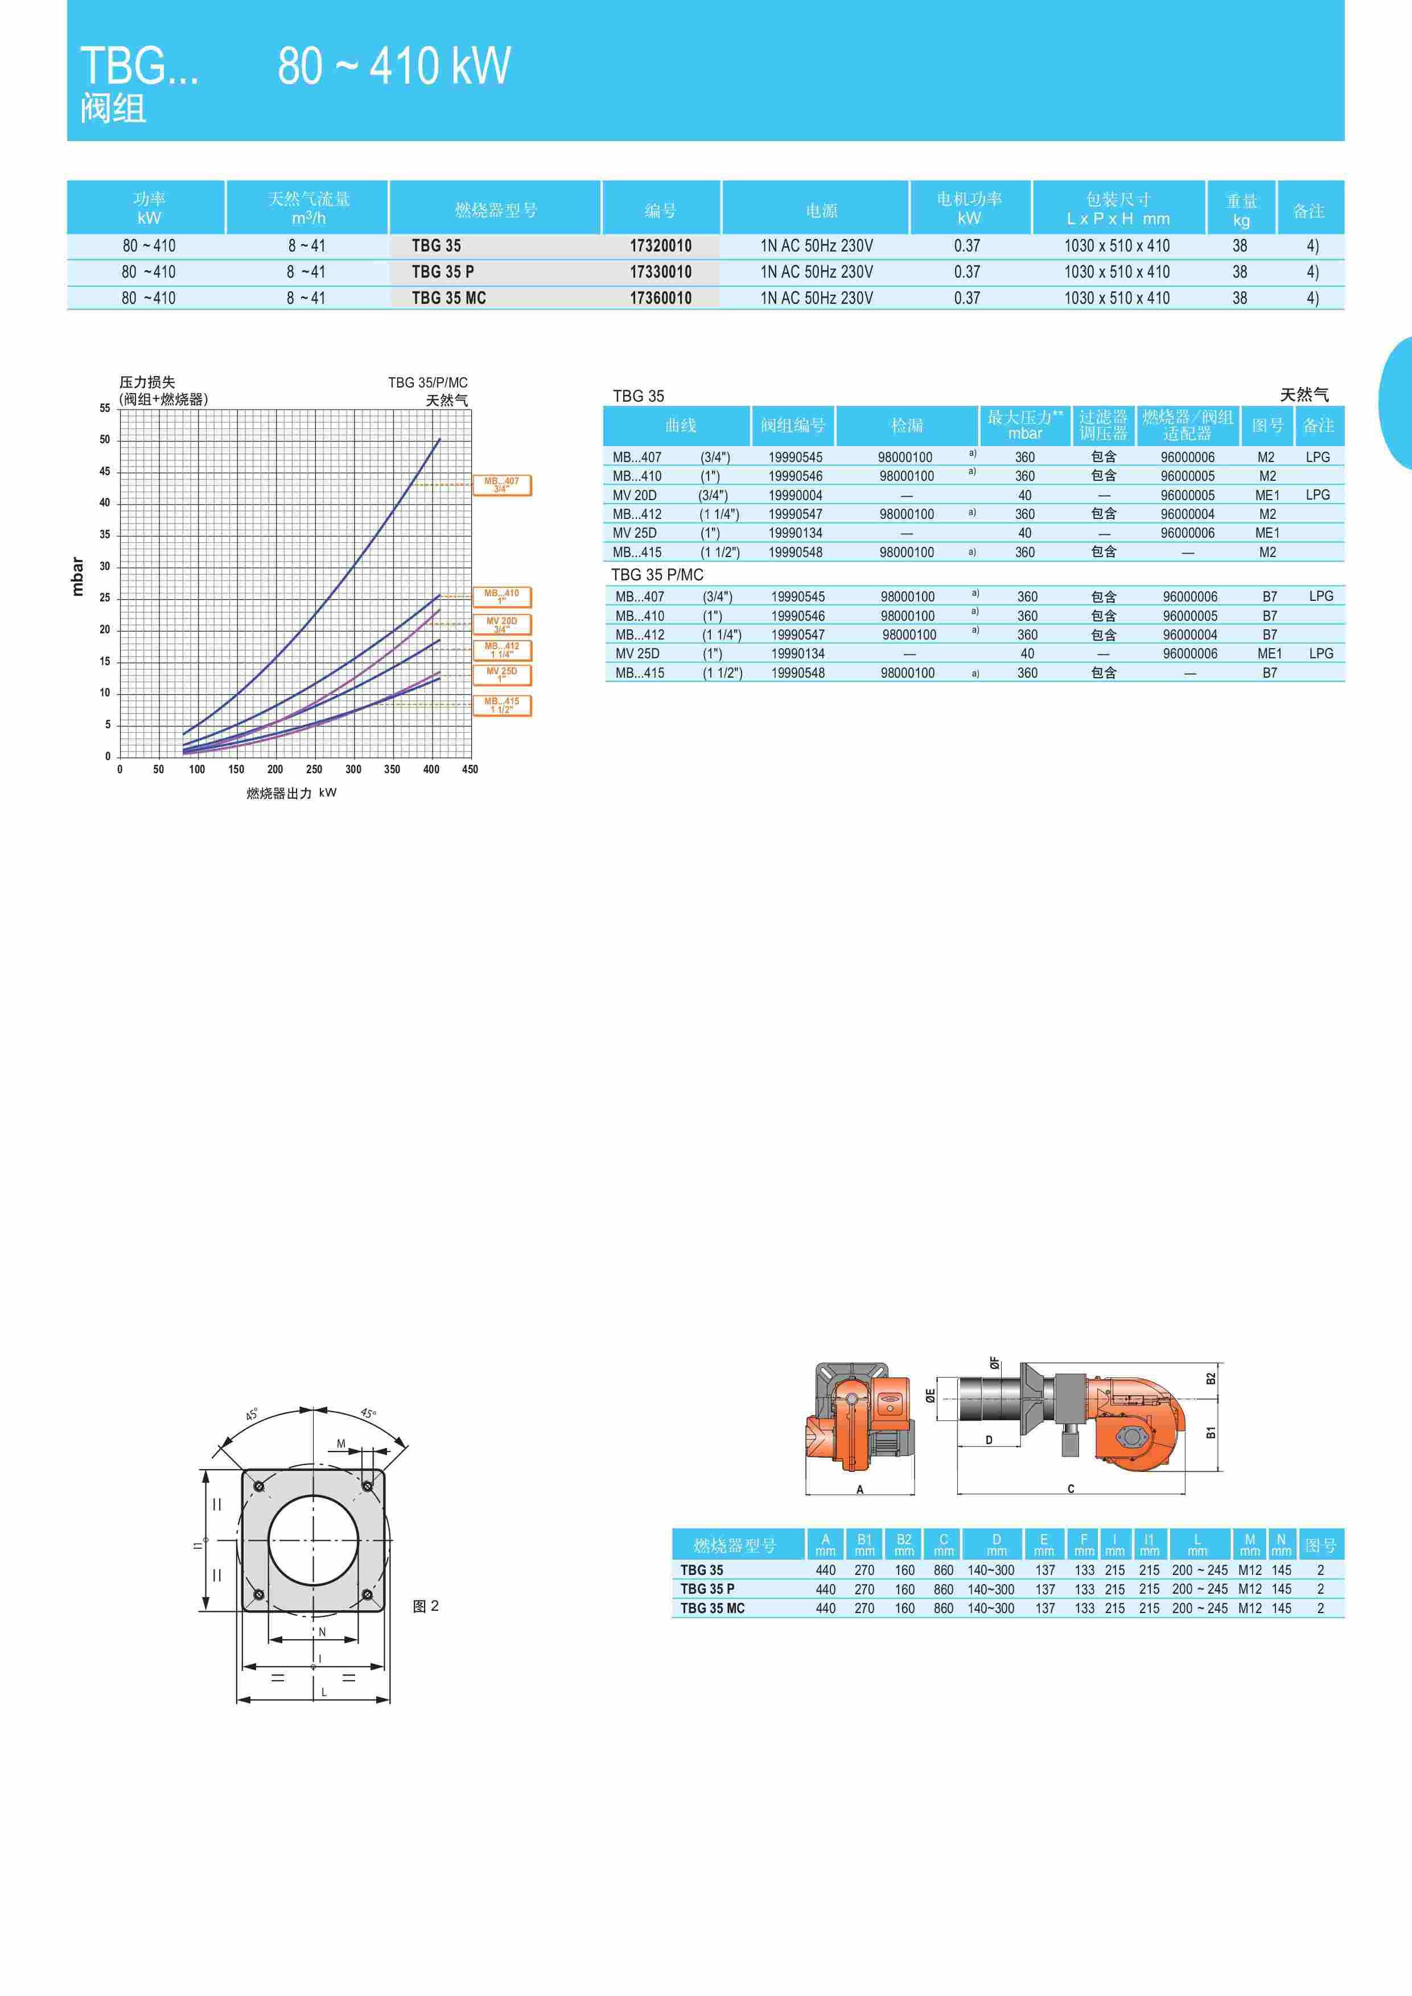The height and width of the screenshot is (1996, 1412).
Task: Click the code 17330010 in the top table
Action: click(661, 272)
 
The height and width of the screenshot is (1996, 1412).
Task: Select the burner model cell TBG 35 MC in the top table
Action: click(448, 298)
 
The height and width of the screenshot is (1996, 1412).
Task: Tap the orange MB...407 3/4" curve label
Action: click(501, 485)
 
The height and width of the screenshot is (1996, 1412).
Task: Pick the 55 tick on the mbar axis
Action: click(104, 408)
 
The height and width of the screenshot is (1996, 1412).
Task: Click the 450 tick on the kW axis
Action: click(470, 769)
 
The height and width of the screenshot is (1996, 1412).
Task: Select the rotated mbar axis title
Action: click(78, 576)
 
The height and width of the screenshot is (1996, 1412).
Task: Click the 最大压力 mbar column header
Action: click(1025, 425)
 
